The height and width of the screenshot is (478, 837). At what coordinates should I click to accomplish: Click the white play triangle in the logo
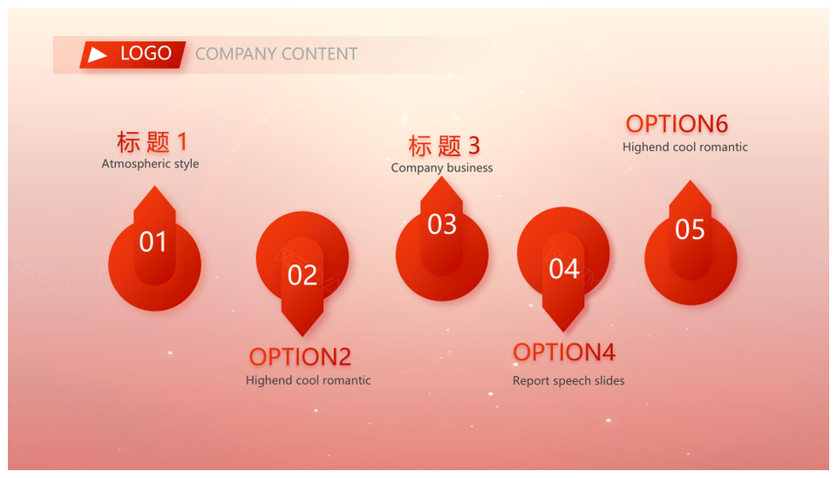coord(97,54)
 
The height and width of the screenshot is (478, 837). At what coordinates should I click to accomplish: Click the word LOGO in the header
coord(146,53)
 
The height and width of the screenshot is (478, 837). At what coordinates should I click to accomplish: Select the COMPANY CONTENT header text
coord(276,54)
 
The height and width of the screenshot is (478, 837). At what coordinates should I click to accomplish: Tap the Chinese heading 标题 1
coord(152,142)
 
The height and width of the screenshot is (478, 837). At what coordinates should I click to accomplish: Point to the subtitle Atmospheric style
coord(150,163)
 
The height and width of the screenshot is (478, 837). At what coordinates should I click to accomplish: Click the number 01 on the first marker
coord(153,242)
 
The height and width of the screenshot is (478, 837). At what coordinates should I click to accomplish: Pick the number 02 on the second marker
coord(303,276)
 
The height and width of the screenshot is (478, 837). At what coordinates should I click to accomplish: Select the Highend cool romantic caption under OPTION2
coord(308,380)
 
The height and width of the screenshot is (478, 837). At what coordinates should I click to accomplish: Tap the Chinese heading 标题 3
coord(444,146)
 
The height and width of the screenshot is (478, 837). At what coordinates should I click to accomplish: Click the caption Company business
coord(442,167)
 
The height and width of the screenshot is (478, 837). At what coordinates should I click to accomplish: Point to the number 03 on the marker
coord(442,224)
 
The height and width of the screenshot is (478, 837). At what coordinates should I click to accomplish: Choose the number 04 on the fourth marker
coord(564,269)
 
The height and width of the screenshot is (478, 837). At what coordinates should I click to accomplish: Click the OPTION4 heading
coord(564,352)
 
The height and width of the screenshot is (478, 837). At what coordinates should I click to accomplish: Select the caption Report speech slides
coord(568,381)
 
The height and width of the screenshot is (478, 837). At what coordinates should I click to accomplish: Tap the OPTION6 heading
coord(677,124)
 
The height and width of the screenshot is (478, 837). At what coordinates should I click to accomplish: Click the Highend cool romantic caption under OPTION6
coord(685,147)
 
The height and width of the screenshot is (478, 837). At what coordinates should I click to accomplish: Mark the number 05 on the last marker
coord(690,229)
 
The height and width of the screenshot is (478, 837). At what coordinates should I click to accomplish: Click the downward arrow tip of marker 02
coord(303,336)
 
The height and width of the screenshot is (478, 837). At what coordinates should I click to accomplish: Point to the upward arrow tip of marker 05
coord(690,181)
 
